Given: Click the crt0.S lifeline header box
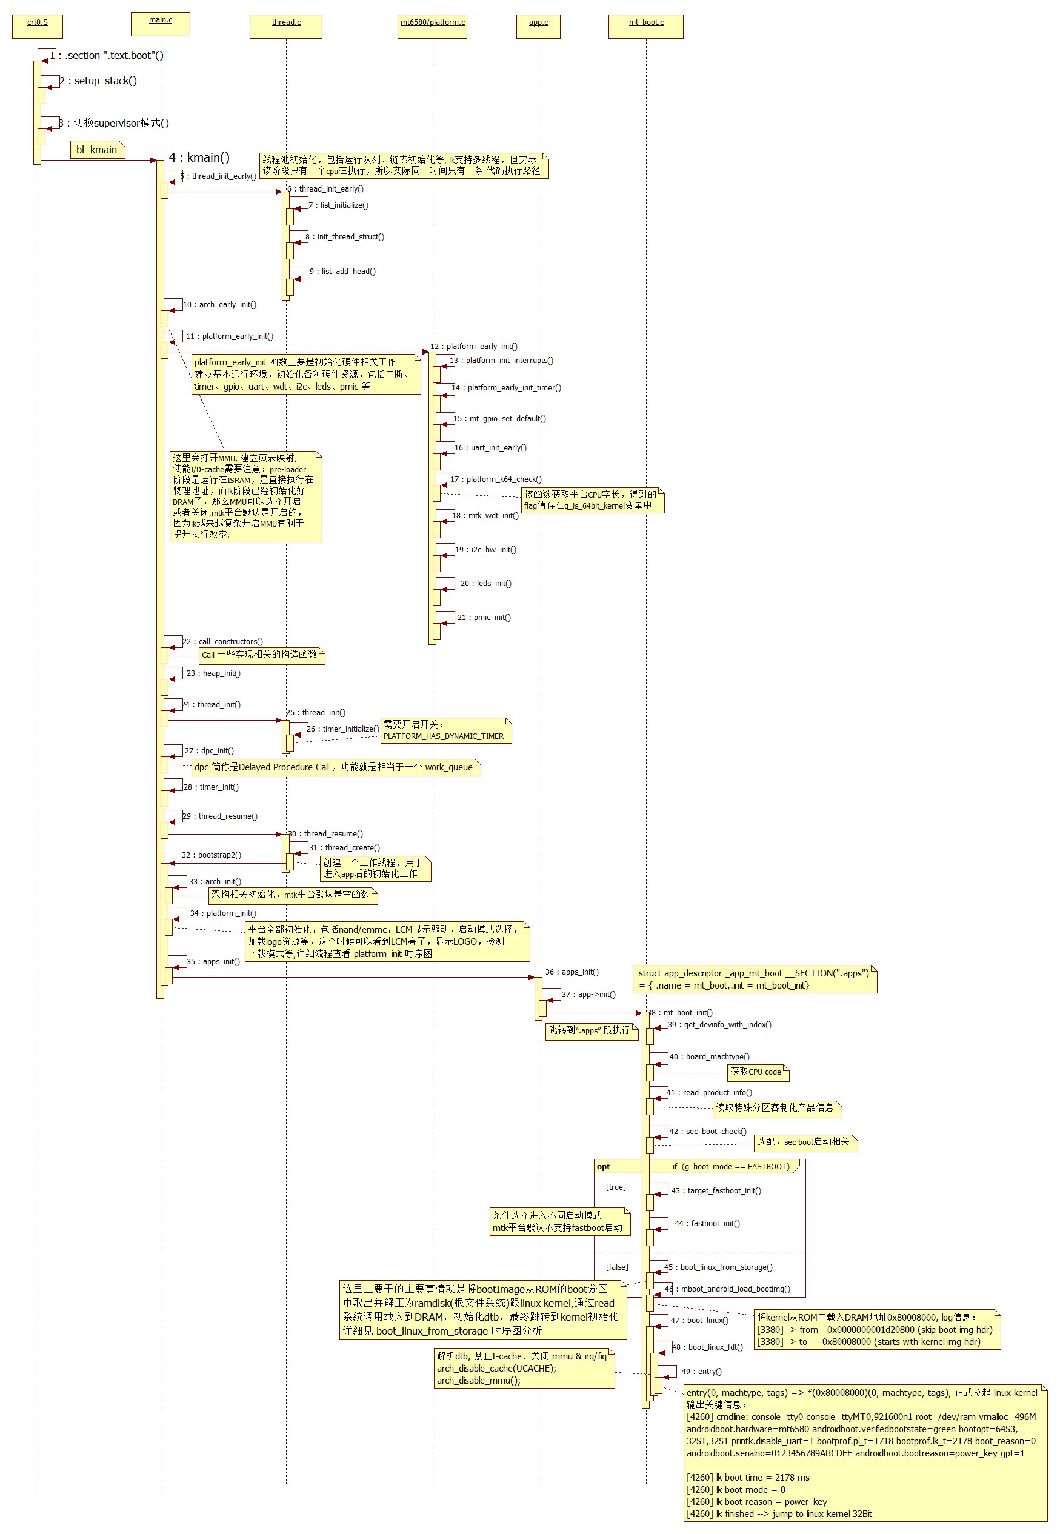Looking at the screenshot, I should pyautogui.click(x=37, y=26).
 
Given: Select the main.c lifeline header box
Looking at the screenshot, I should pyautogui.click(x=161, y=23).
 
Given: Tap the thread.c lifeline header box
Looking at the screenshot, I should pyautogui.click(x=286, y=26).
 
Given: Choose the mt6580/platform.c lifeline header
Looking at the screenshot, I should pyautogui.click(x=432, y=26).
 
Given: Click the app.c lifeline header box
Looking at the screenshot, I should pyautogui.click(x=539, y=26).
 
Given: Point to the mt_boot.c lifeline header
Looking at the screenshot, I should pyautogui.click(x=645, y=26).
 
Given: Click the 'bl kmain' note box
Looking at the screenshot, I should pyautogui.click(x=97, y=150).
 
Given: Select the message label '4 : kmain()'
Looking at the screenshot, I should pyautogui.click(x=199, y=158).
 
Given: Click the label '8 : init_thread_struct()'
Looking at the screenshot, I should pyautogui.click(x=345, y=237).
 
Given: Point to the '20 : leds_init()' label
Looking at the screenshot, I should pyautogui.click(x=485, y=584).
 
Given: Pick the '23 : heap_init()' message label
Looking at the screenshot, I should pyautogui.click(x=213, y=673).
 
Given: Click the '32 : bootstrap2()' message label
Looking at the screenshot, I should pyautogui.click(x=211, y=855).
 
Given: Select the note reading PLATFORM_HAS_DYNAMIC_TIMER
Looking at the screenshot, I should pyautogui.click(x=445, y=730).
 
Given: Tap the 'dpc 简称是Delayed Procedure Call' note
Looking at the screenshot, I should pyautogui.click(x=335, y=768).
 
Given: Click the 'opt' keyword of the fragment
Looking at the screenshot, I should pyautogui.click(x=603, y=1167).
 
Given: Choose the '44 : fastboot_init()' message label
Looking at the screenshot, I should pyautogui.click(x=707, y=1223).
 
